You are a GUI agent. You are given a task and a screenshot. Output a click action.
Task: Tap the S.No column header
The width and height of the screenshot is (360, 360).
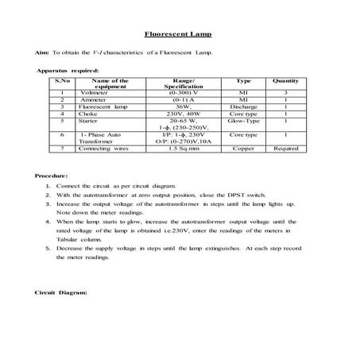[62, 81]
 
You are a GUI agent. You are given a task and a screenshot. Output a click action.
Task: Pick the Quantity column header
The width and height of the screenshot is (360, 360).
[285, 81]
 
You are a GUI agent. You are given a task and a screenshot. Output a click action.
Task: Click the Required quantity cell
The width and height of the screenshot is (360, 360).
[285, 148]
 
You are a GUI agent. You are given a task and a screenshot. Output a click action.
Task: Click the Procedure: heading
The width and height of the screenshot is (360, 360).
[52, 175]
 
